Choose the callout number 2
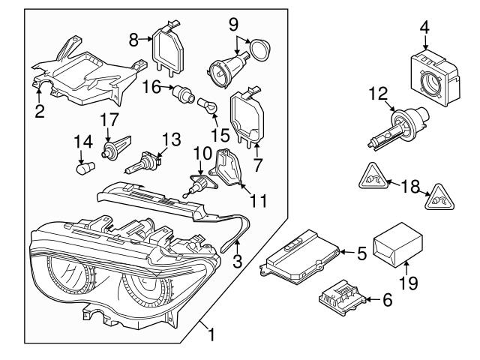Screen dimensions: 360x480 point(39,113)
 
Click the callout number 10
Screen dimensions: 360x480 point(200,153)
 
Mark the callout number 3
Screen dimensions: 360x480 point(237,262)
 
